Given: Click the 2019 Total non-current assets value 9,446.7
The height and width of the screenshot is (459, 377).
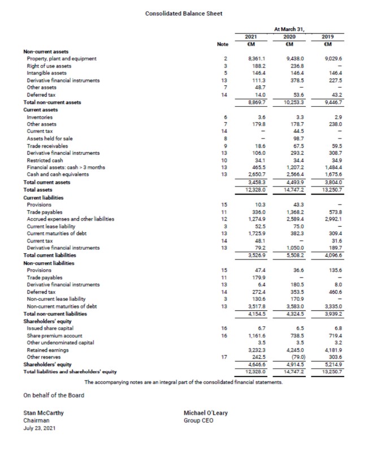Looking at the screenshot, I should [331, 102].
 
